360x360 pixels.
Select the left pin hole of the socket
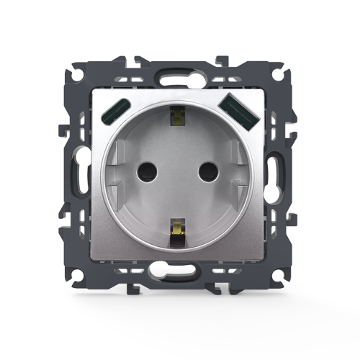click(x=150, y=171)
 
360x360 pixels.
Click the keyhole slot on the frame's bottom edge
click(x=180, y=274)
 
